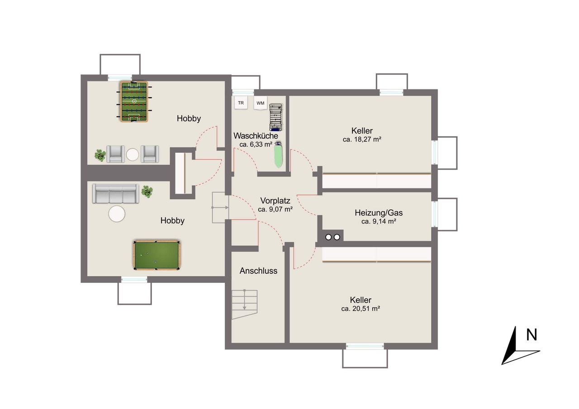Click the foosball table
pos(134,102)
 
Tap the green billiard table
pos(157,255)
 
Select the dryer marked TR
pos(241,103)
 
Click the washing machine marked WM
pos(260,103)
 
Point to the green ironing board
pos(278,155)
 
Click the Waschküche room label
pos(256,136)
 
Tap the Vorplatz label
pos(275,200)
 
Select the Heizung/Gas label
pos(379,212)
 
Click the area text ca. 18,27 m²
pos(362,140)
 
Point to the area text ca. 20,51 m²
pos(361,309)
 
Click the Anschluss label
pos(258,271)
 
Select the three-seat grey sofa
pos(115,193)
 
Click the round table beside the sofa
pos(117,213)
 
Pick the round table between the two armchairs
pos(133,155)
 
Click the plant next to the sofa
pos(147,192)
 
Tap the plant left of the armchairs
pos(100,155)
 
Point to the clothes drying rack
pos(275,118)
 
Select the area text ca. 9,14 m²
pos(379,221)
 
